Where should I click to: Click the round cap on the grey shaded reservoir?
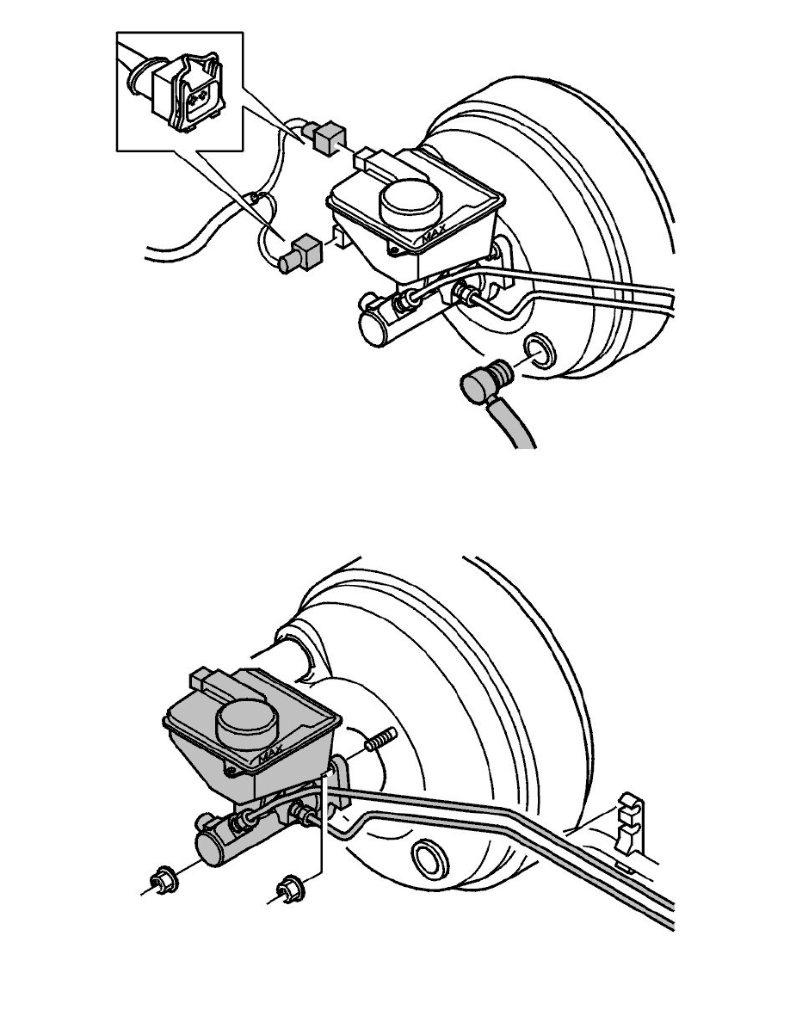pos(244,725)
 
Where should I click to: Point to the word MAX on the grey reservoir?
pos(270,755)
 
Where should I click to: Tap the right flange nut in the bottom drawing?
pos(287,888)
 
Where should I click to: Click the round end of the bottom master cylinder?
pos(211,848)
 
